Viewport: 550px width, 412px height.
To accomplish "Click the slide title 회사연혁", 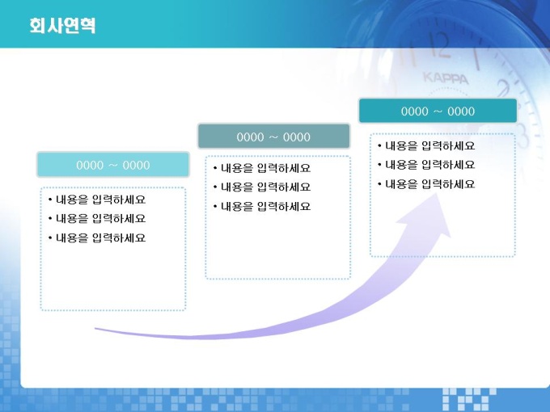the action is point(62,26).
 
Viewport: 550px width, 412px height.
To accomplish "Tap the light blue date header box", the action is point(113,164).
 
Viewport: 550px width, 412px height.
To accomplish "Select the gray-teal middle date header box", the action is point(273,136).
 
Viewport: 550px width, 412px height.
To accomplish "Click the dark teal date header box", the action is point(438,111).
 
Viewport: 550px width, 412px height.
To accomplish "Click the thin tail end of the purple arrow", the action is point(95,329).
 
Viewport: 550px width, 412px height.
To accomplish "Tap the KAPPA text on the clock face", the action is point(446,78).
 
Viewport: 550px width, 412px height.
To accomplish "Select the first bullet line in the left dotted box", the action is point(97,200).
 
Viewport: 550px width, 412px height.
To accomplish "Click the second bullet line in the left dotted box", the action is point(97,219).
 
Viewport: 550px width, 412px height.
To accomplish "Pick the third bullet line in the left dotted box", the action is point(97,238).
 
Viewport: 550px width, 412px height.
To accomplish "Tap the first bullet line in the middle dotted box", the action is point(262,168).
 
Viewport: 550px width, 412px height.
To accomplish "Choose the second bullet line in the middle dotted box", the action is point(262,187).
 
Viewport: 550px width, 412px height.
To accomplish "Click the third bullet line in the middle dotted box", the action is point(262,207).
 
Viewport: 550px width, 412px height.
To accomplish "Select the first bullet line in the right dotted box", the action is point(426,145).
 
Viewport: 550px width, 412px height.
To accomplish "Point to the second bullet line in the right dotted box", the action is point(426,165).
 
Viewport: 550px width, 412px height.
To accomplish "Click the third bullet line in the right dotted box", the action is point(426,184).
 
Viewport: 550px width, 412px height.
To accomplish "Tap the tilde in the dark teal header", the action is point(438,111).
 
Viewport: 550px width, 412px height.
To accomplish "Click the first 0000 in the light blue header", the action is point(90,165).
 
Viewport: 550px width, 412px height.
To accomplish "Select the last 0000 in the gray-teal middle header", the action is point(297,137).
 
